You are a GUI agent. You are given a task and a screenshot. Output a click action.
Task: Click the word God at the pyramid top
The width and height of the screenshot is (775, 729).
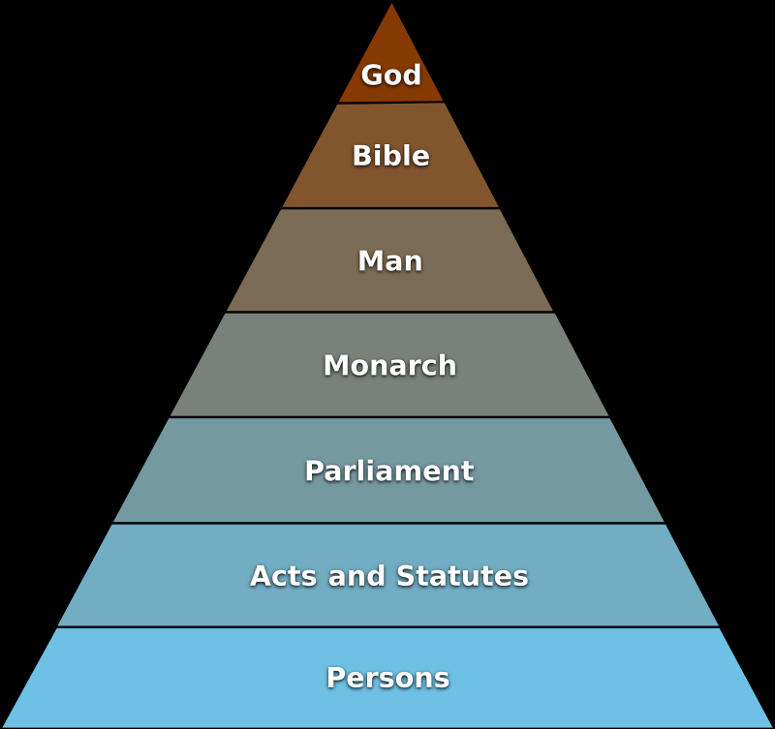pyautogui.click(x=391, y=76)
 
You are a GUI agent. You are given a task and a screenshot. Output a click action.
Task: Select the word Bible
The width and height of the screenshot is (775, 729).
pyautogui.click(x=390, y=156)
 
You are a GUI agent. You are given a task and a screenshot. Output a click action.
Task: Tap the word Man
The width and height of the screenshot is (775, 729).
pyautogui.click(x=389, y=261)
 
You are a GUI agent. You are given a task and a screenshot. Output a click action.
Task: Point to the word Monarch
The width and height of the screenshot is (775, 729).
pyautogui.click(x=389, y=366)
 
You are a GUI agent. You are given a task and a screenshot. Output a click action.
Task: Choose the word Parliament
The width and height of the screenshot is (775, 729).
pyautogui.click(x=389, y=471)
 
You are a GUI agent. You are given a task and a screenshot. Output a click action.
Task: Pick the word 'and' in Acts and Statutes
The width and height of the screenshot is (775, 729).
pyautogui.click(x=356, y=576)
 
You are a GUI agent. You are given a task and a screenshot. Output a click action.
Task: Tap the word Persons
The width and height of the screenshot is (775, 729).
pyautogui.click(x=388, y=678)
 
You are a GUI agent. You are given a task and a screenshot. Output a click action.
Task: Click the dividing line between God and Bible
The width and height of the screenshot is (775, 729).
pyautogui.click(x=391, y=103)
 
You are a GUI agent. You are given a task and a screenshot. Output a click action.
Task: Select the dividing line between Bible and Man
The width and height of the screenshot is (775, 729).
pyautogui.click(x=391, y=208)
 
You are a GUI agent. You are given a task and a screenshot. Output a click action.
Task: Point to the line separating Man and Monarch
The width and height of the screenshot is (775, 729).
pyautogui.click(x=390, y=312)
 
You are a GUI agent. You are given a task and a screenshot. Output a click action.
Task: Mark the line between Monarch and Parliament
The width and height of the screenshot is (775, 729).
pyautogui.click(x=390, y=417)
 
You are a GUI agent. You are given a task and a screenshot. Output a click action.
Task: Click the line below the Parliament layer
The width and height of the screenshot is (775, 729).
pyautogui.click(x=389, y=523)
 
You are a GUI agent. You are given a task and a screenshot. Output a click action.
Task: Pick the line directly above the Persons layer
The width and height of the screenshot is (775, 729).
pyautogui.click(x=389, y=627)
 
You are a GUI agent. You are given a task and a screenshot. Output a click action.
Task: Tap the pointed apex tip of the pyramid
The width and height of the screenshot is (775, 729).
pyautogui.click(x=391, y=5)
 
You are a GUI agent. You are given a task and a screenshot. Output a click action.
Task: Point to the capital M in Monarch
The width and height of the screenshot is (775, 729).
pyautogui.click(x=335, y=366)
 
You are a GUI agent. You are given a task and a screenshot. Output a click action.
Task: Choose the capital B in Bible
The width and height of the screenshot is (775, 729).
pyautogui.click(x=360, y=156)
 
